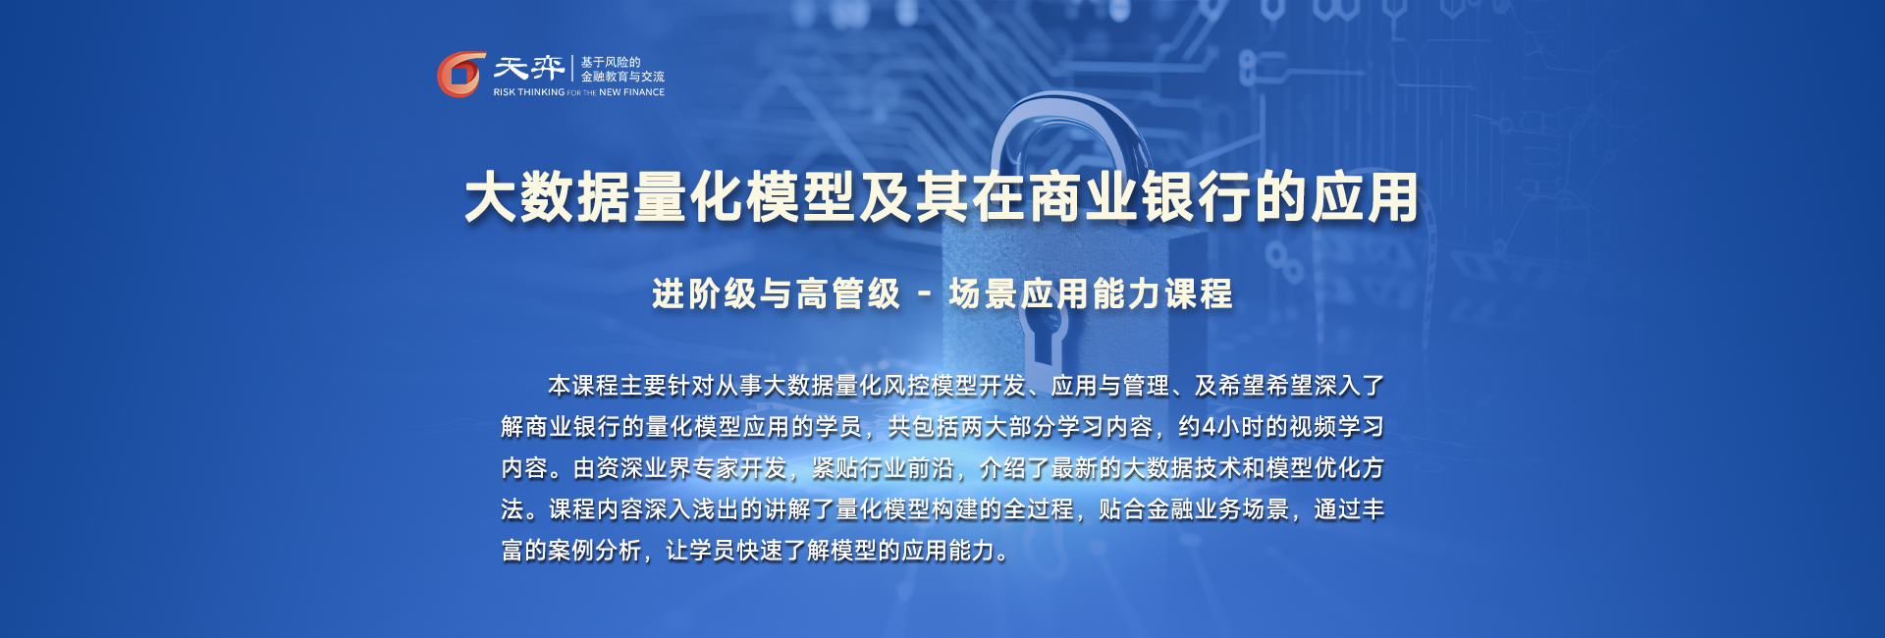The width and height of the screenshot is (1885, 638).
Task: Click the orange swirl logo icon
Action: (x=460, y=75)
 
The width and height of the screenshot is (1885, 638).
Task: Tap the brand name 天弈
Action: (x=529, y=68)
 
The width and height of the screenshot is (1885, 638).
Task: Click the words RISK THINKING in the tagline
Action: (x=529, y=92)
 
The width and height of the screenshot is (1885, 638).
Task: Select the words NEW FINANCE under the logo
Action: (x=631, y=92)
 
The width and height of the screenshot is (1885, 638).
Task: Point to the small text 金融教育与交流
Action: (x=622, y=77)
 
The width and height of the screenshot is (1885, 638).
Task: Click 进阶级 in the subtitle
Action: (x=705, y=293)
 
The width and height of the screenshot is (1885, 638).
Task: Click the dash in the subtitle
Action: (x=925, y=293)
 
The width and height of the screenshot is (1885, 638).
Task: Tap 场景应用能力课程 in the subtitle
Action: (x=1091, y=293)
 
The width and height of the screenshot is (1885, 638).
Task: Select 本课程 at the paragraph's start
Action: (x=583, y=386)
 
